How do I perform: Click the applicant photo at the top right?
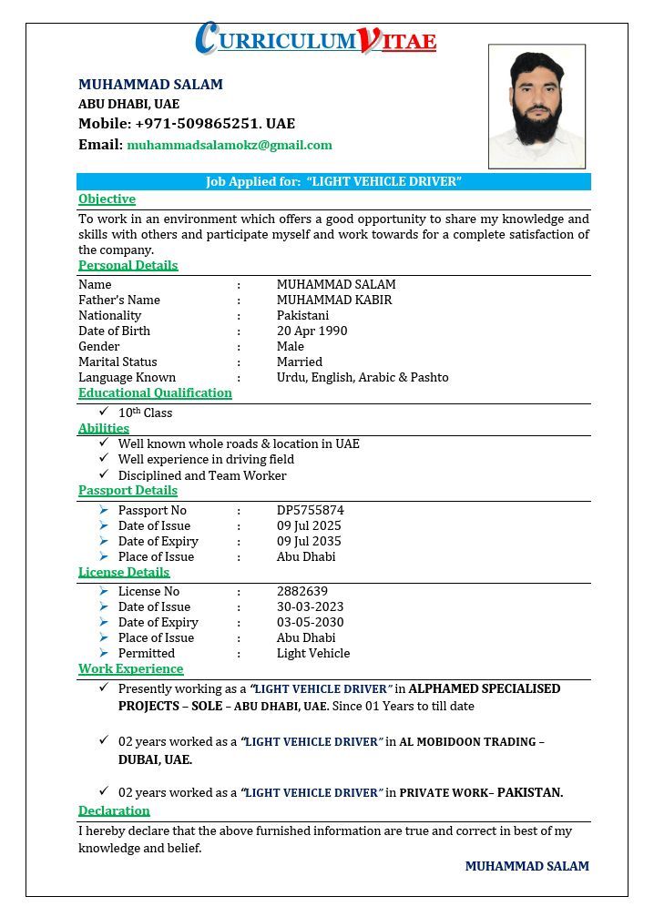coord(536,107)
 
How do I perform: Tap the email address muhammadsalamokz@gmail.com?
coord(230,145)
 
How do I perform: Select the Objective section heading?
coord(107,199)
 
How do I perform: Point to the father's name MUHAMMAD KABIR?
coord(334,300)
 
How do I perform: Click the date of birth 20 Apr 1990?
coord(312,331)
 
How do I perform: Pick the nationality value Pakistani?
coord(302,315)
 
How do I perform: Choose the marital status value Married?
coord(300,362)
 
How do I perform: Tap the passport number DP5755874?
coord(311,510)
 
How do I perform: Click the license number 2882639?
coord(302,591)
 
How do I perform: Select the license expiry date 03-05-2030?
coord(311,622)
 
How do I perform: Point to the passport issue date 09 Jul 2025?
coord(309,525)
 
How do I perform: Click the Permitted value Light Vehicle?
coord(313,653)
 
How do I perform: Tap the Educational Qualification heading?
coord(155,392)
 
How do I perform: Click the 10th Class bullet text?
coord(145,413)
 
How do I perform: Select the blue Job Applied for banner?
coord(333,181)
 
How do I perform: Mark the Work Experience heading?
coord(130,668)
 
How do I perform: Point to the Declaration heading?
coord(114,810)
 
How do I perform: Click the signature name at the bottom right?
coord(526,866)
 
